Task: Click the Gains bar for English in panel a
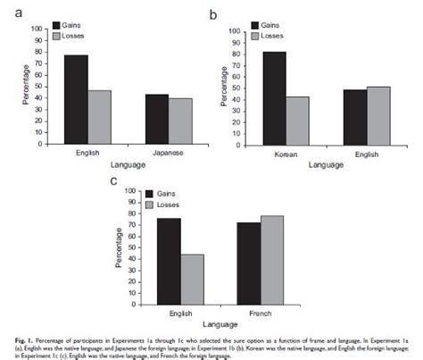coord(75,98)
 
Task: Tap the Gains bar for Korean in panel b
coord(272,99)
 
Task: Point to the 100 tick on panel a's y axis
coord(37,29)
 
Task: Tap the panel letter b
coord(212,15)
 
